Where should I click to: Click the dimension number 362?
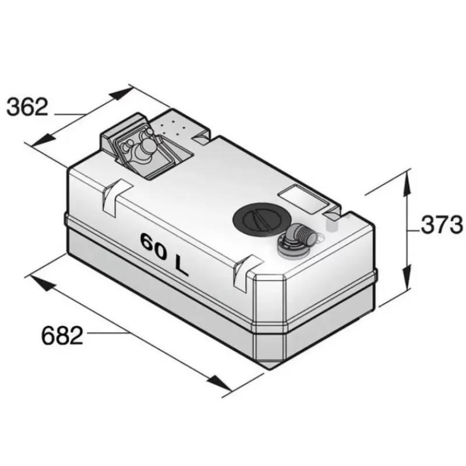click(x=27, y=107)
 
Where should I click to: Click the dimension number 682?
click(x=62, y=336)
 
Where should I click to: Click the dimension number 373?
click(x=442, y=225)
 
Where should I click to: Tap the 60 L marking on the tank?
click(x=164, y=253)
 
